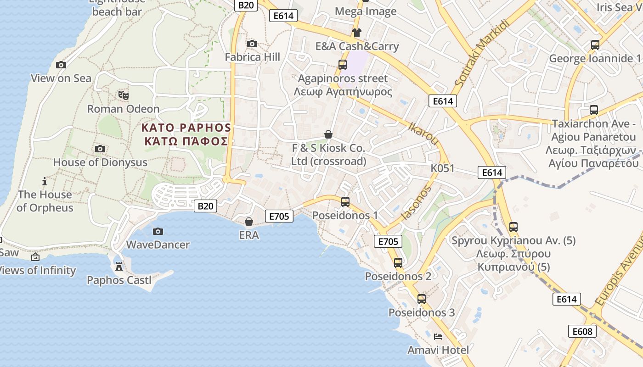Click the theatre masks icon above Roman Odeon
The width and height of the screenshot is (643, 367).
coord(123,95)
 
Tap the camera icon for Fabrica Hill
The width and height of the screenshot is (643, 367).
coord(252,44)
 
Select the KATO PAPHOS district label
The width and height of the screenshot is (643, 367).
coord(186,127)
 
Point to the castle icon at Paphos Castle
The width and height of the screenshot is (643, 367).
coord(119,267)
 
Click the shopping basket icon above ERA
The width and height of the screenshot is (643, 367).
coord(248,222)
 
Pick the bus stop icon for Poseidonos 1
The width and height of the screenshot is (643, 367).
coord(345,202)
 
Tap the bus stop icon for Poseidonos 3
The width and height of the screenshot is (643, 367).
coord(421,299)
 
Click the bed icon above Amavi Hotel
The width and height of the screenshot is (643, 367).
coord(438,337)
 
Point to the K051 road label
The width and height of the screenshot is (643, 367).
coord(442,168)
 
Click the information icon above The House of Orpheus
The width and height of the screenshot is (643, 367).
coord(45,181)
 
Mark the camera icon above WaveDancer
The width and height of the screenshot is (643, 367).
coord(158,231)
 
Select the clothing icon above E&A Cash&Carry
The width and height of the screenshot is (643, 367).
coord(356,32)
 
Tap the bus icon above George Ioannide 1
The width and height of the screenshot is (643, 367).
coord(595,45)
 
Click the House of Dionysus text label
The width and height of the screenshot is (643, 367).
coord(100,162)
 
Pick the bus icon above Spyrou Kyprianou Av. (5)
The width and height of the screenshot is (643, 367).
coord(513,227)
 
